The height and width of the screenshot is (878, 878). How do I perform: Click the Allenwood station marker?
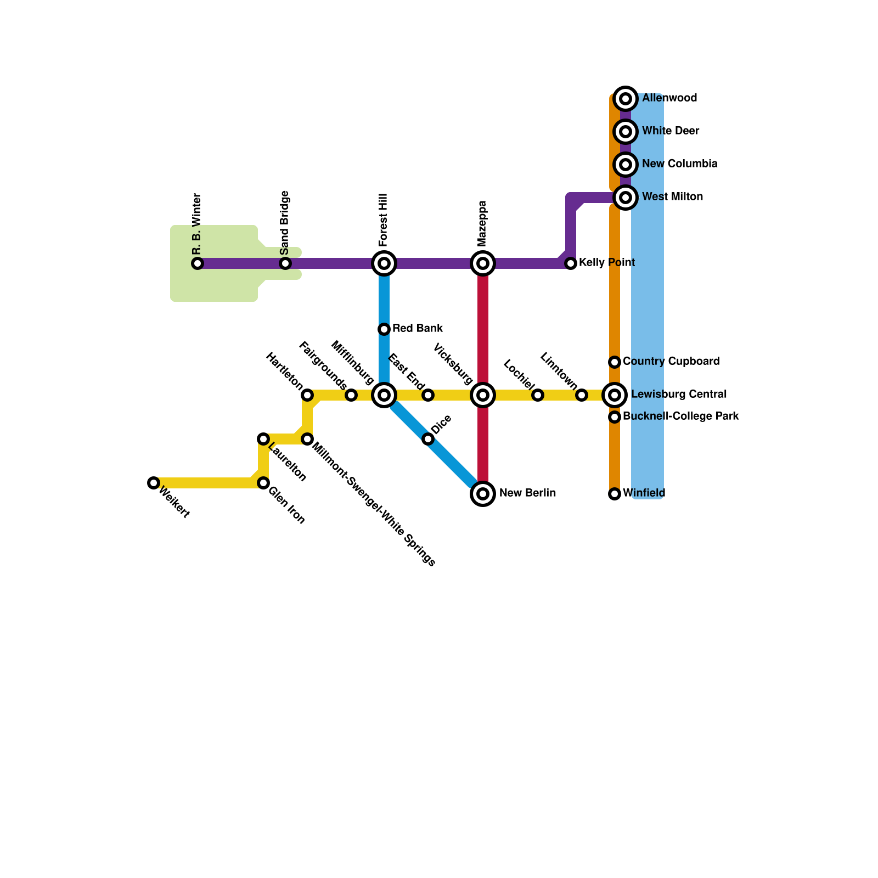click(626, 99)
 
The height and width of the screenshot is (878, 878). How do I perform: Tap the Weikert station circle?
click(154, 483)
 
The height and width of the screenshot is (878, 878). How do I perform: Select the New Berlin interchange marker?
click(483, 494)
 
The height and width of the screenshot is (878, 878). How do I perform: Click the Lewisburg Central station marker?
click(615, 395)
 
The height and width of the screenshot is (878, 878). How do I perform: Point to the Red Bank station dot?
click(384, 329)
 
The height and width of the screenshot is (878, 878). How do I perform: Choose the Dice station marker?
click(428, 439)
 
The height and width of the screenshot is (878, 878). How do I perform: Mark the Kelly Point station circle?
click(571, 263)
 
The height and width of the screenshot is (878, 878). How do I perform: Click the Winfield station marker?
click(615, 494)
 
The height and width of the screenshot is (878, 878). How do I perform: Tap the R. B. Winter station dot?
click(198, 263)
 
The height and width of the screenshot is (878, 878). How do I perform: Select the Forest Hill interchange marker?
click(384, 263)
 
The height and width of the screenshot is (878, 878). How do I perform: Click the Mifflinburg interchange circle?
click(384, 395)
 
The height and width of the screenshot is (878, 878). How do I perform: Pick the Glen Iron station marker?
click(263, 483)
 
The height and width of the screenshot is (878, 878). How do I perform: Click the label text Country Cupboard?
click(671, 362)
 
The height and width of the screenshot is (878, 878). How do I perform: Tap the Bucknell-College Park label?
click(681, 417)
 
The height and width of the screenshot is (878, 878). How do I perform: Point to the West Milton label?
click(672, 197)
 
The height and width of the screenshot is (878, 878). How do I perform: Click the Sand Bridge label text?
click(285, 222)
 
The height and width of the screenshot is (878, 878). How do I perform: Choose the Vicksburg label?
click(453, 364)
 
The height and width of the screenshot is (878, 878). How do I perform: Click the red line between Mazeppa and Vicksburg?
click(483, 329)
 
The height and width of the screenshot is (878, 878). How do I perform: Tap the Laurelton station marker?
click(263, 439)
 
